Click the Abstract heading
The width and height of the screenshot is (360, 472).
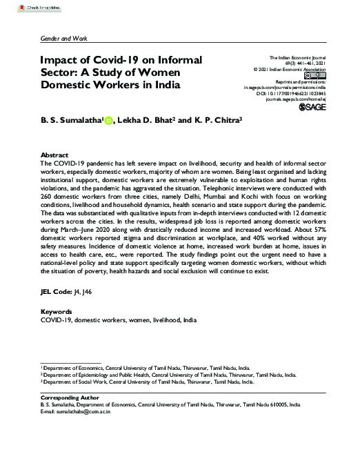(x=54, y=155)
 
